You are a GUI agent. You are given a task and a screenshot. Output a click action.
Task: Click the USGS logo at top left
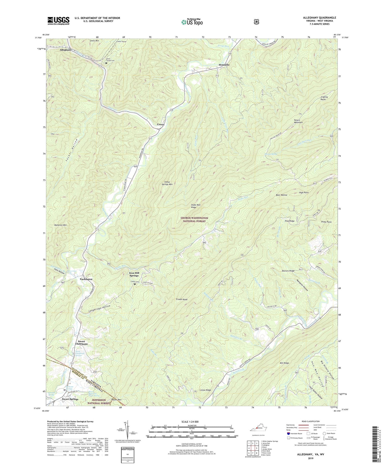tap(58, 20)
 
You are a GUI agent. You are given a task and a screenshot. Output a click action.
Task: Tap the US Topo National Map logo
tap(191, 22)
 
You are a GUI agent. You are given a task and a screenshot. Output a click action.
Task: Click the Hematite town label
tap(224, 65)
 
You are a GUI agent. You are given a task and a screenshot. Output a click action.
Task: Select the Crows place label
tap(160, 124)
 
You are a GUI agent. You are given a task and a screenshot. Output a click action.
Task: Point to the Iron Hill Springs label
tap(134, 274)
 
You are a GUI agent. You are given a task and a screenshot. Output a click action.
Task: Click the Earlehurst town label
tap(86, 279)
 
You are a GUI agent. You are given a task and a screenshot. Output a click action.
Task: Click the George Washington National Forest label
tap(194, 220)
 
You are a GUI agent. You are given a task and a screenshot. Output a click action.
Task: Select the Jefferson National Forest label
tap(99, 402)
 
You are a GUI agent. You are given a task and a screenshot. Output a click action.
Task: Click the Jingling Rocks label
tap(324, 98)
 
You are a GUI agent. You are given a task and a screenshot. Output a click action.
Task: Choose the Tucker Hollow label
tap(72, 150)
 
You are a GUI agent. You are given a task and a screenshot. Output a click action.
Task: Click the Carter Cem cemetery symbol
tap(134, 284)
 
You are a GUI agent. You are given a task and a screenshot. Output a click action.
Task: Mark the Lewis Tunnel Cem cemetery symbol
tap(106, 63)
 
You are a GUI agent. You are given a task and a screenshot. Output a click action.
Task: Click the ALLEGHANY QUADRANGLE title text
tap(320, 18)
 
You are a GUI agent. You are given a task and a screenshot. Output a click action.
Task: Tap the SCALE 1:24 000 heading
tap(190, 422)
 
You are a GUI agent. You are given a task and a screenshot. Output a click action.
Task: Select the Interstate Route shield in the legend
tap(288, 433)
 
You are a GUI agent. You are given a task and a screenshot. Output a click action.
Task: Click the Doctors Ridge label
tap(288, 271)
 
